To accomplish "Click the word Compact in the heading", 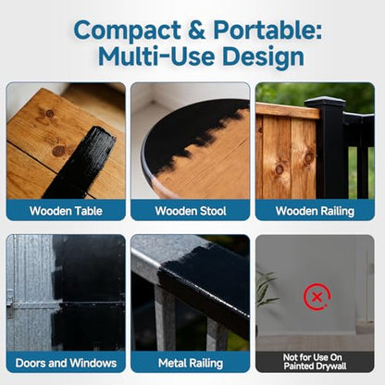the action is click(x=128, y=31).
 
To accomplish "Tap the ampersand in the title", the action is click(x=196, y=31).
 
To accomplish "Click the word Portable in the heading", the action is click(x=267, y=31).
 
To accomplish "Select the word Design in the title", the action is click(x=263, y=57).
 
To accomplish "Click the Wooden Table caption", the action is click(x=66, y=211).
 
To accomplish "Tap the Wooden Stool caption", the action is click(x=191, y=211).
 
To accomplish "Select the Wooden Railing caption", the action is click(x=315, y=211).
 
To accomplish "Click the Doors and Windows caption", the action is click(x=66, y=363).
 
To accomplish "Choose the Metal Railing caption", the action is click(x=191, y=363).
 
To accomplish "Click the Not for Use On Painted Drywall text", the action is click(x=315, y=362).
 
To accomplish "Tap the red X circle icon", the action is click(x=317, y=297).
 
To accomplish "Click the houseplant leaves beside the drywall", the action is click(x=265, y=290).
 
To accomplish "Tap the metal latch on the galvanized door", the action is click(x=10, y=305).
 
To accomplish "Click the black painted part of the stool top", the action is click(x=192, y=130).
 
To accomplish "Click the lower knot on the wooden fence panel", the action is click(x=279, y=168).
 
